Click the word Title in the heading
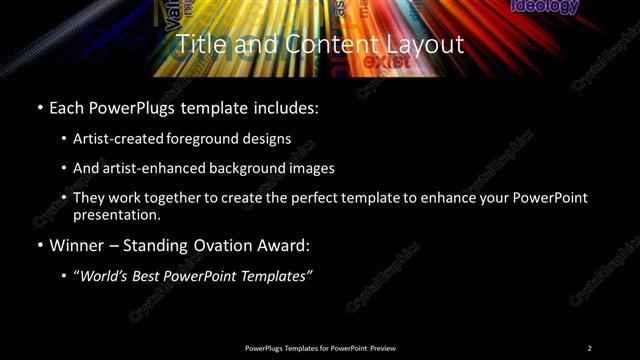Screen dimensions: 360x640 point(200,45)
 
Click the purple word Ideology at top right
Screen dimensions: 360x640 point(544,7)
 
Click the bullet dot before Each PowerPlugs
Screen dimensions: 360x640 point(38,107)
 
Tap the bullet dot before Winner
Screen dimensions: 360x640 point(38,245)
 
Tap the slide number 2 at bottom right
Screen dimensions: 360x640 point(589,348)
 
